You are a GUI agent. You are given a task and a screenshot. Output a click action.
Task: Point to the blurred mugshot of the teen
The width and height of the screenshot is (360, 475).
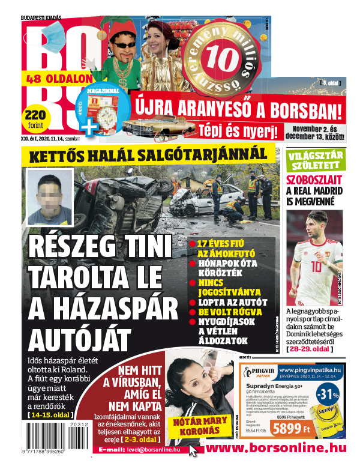click(50, 194)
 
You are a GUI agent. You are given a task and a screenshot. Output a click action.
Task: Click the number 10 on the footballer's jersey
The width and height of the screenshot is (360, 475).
click(316, 265)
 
